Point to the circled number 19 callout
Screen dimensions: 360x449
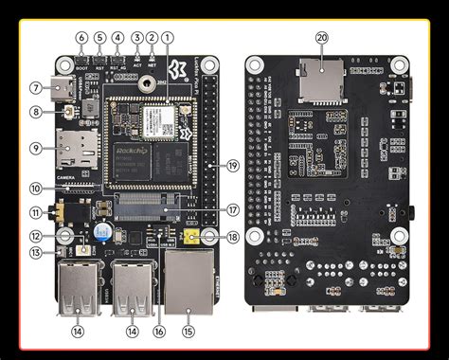[x=232, y=166]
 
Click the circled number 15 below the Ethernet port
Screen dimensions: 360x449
[x=188, y=332]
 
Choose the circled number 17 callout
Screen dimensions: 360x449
[x=232, y=210]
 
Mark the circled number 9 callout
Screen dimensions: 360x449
[x=35, y=148]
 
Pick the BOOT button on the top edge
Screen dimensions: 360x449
[x=82, y=60]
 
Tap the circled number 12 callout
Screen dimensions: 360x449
[x=35, y=237]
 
